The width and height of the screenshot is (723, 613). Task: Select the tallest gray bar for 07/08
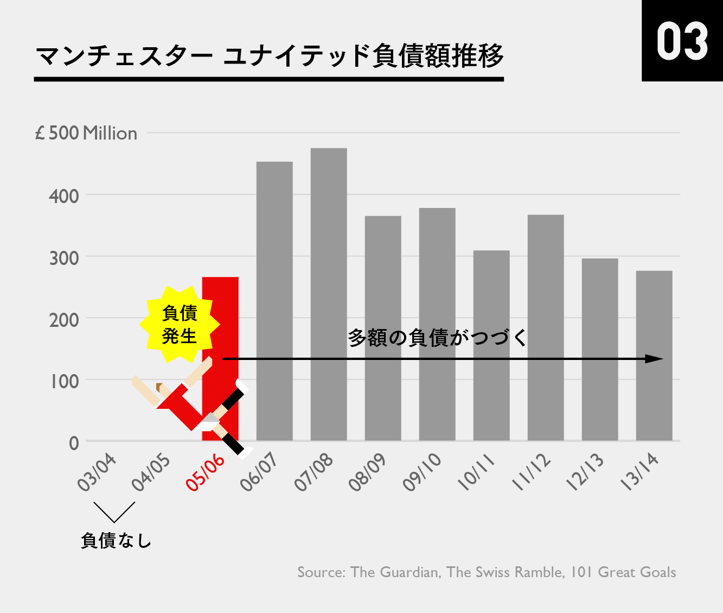329,294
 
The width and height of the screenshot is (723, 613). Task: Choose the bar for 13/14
654,355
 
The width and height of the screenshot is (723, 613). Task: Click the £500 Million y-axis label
86,133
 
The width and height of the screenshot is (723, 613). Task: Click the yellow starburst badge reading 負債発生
180,325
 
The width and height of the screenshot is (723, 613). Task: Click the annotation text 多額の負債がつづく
437,338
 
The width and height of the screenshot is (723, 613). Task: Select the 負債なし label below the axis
116,540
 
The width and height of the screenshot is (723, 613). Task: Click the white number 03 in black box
682,41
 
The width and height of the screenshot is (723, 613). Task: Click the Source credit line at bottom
487,572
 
